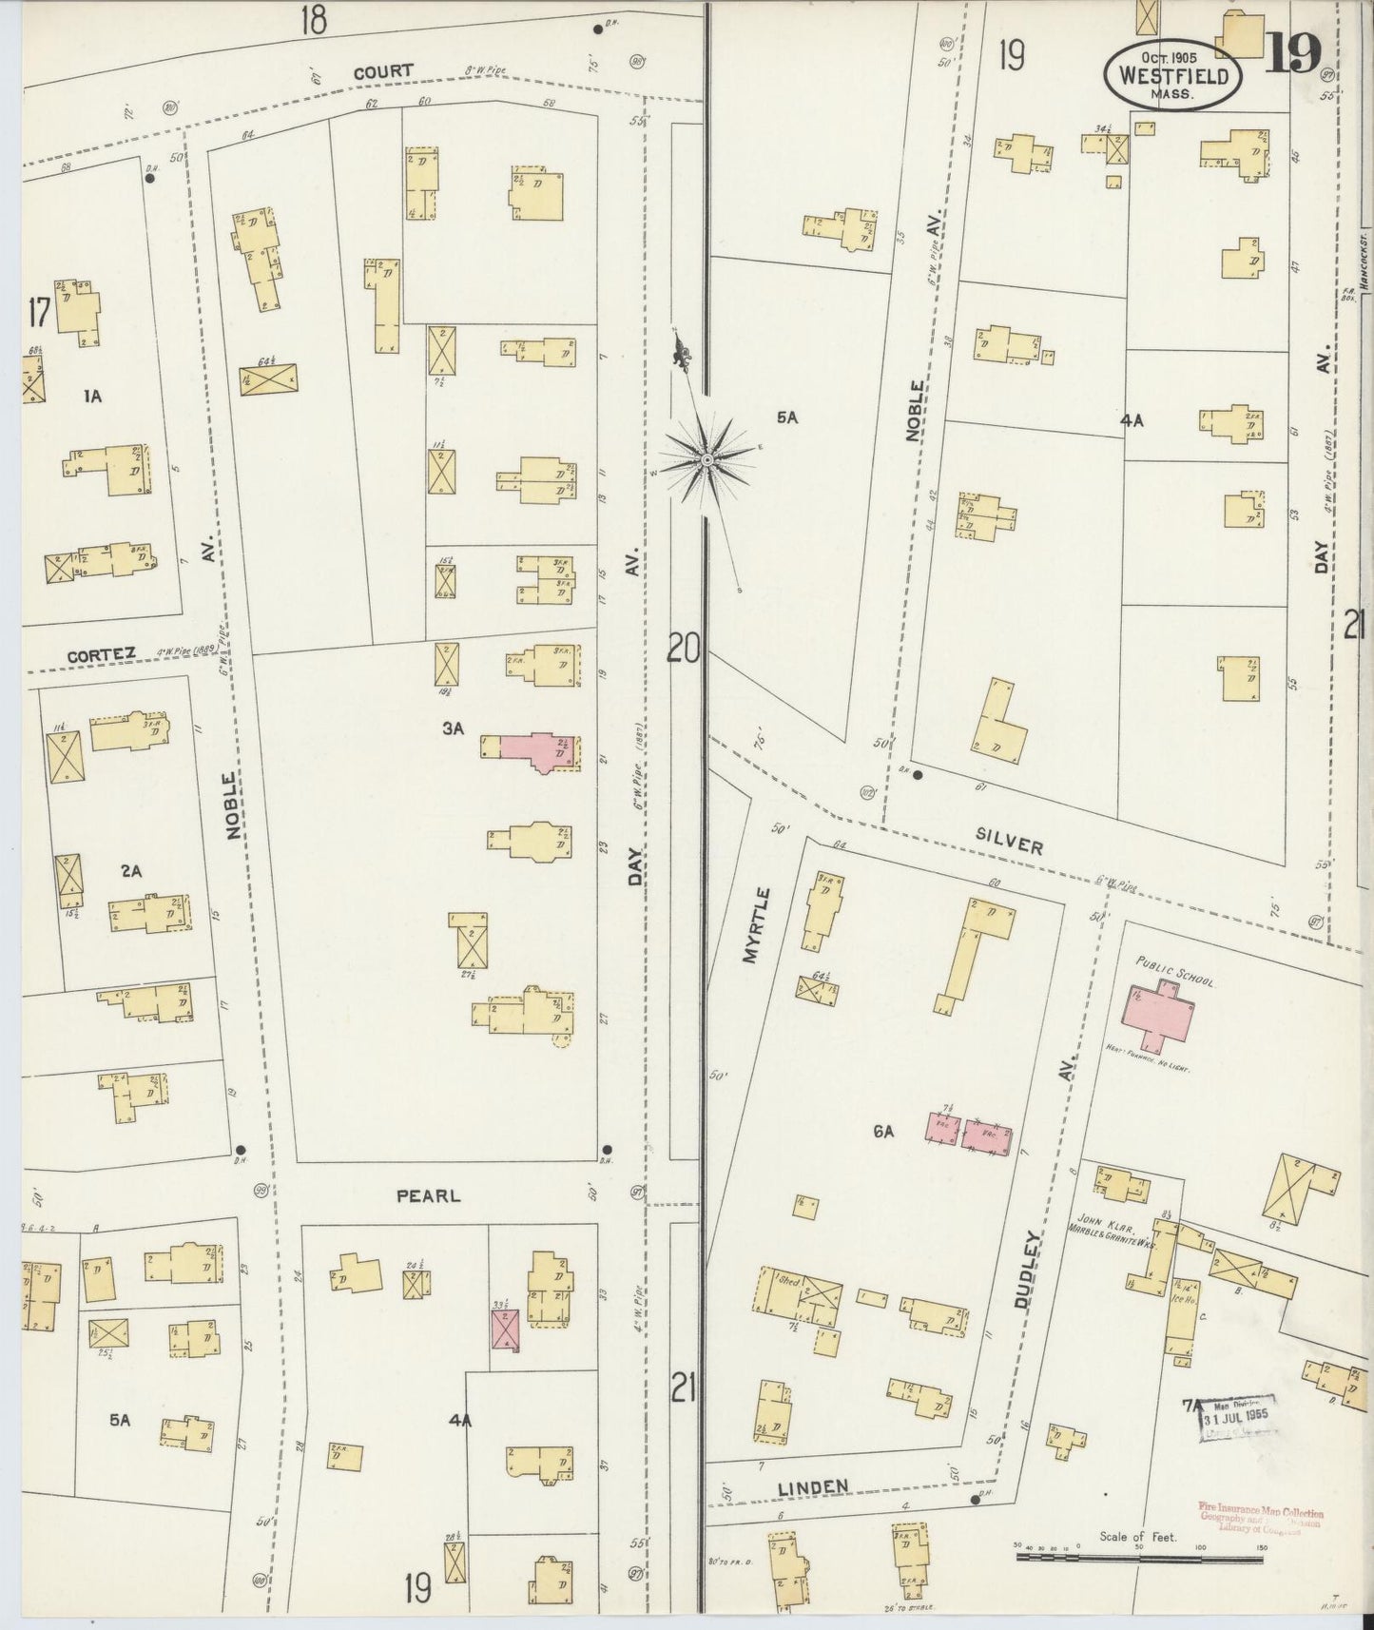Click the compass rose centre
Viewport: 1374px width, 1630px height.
tap(707, 460)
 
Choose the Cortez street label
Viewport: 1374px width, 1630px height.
tap(101, 654)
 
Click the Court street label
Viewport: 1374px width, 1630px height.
tap(383, 71)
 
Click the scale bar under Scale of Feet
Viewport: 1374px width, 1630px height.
tap(1138, 1557)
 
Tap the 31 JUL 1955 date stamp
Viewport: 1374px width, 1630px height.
tap(1237, 1418)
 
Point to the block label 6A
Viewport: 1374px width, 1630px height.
tap(883, 1132)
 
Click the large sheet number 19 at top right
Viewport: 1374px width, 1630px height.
tap(1292, 55)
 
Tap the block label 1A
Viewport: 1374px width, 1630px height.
tap(91, 398)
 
